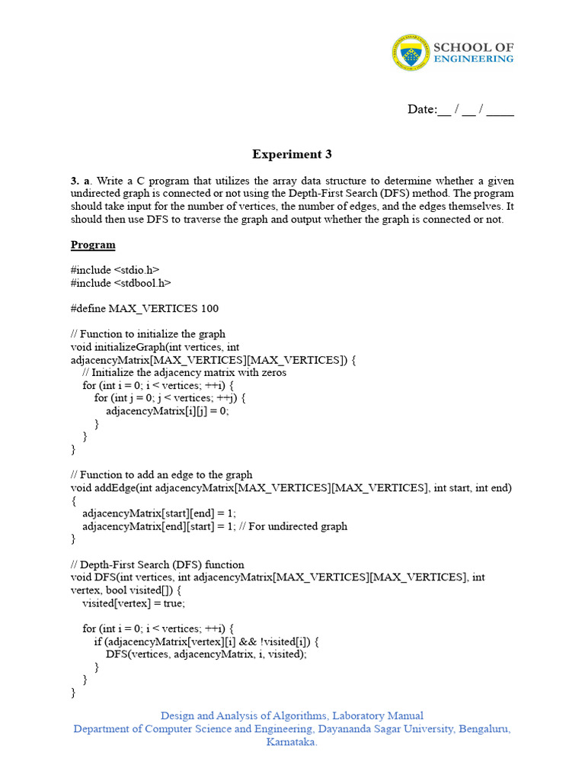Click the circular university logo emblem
point(411,53)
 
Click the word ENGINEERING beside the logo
point(473,59)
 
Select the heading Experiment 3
point(292,154)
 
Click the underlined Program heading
point(93,245)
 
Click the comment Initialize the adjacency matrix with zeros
point(184,373)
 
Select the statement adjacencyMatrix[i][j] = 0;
point(168,410)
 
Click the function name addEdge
point(113,487)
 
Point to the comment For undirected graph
point(302,525)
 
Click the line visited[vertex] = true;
point(133,603)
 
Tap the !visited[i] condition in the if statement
point(283,641)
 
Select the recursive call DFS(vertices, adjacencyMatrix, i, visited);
point(206,654)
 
